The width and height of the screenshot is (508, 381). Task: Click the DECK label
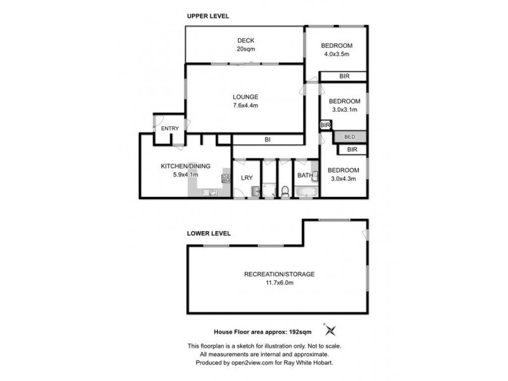245,40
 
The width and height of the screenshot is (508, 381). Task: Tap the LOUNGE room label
244,97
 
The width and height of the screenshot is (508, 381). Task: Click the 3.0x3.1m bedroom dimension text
344,110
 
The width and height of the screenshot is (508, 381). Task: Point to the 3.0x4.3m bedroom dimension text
344,178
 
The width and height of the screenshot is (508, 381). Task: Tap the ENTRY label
170,129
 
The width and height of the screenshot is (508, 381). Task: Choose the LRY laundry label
246,177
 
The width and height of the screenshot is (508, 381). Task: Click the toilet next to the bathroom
286,191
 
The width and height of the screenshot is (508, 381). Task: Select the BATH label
304,176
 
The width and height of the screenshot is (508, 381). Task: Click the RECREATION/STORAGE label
279,274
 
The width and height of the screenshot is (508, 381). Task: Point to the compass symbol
330,330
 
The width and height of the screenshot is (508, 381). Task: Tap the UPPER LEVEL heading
208,15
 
